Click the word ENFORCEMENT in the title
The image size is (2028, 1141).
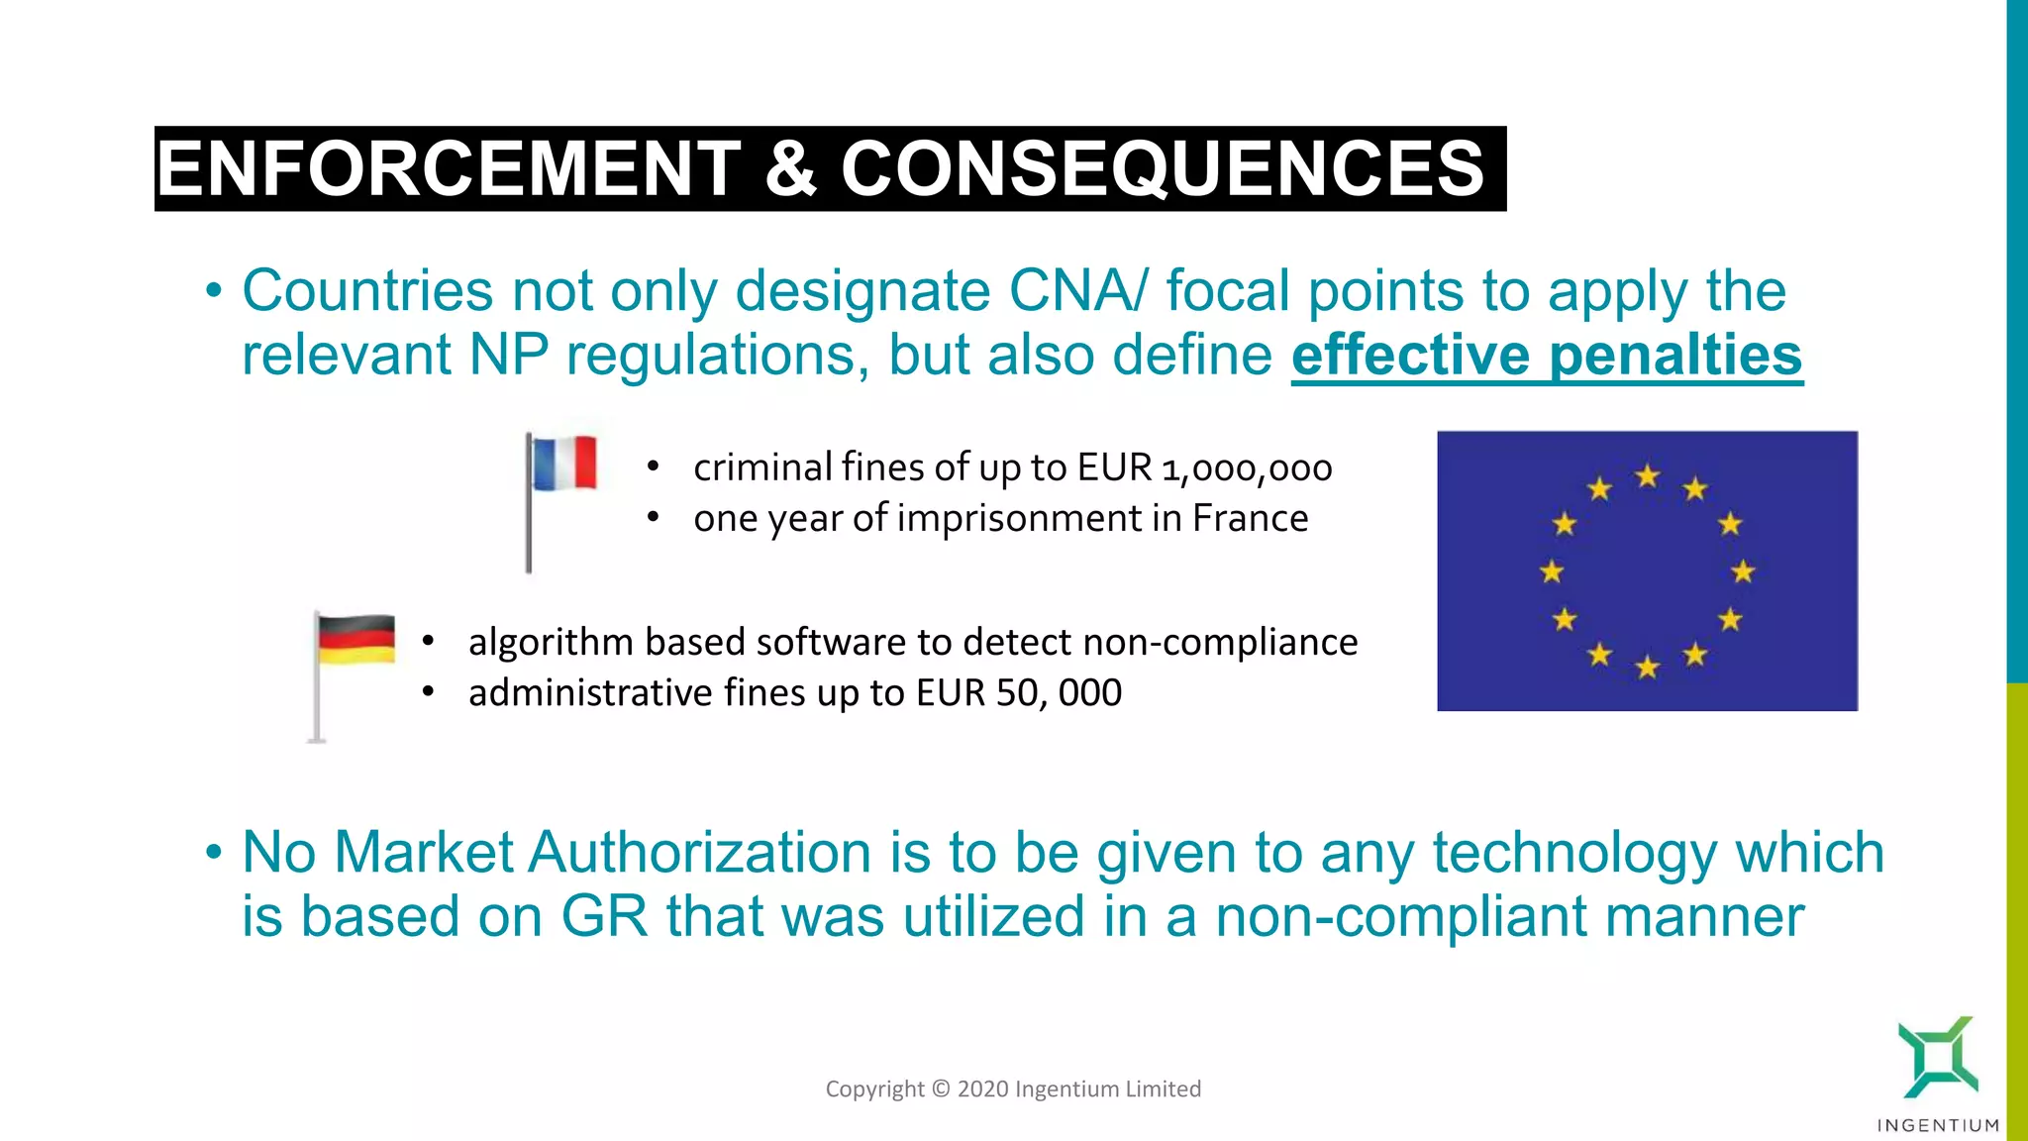449,168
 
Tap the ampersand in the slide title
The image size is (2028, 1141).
790,168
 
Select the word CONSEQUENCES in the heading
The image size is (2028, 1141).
1163,168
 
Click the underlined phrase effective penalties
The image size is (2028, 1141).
1547,355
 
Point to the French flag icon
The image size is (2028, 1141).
563,464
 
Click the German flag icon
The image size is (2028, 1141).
355,640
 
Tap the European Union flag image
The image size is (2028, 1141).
1647,570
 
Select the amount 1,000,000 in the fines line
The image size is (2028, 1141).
1247,468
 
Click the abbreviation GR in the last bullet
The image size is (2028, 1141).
604,916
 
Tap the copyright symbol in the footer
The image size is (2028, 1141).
941,1089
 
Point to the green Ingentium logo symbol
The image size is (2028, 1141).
1938,1057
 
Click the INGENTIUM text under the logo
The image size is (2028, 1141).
1938,1125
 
